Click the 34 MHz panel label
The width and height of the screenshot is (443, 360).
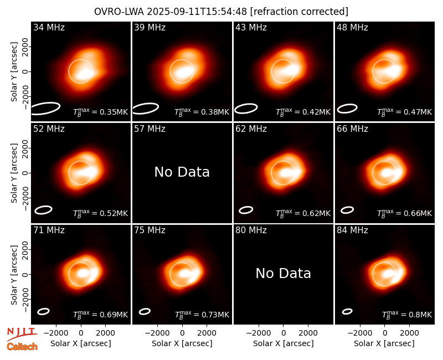click(49, 27)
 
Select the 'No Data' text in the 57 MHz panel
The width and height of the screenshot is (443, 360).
click(182, 172)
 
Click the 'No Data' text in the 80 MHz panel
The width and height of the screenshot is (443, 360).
click(284, 273)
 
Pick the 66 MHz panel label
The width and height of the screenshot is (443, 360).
click(352, 129)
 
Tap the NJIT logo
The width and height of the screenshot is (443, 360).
click(22, 333)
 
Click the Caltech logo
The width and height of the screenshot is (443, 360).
click(22, 347)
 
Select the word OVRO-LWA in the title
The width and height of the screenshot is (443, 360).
click(119, 12)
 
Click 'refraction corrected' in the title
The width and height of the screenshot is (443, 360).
click(299, 12)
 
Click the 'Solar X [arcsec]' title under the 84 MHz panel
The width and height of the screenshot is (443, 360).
click(384, 343)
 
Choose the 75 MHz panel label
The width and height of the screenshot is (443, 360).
click(150, 230)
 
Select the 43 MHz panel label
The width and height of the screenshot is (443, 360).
click(251, 27)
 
